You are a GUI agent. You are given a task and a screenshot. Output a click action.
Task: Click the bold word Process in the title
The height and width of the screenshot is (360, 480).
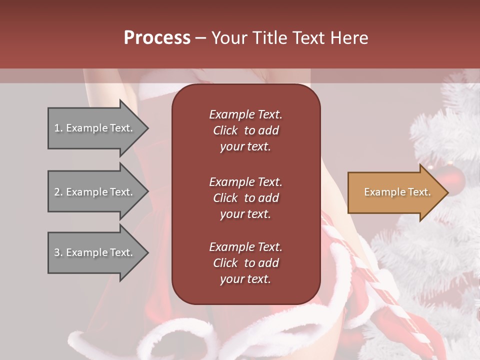157,38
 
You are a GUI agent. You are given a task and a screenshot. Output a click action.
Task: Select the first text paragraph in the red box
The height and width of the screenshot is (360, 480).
245,130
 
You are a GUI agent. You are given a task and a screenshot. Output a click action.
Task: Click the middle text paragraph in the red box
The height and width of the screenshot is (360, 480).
245,198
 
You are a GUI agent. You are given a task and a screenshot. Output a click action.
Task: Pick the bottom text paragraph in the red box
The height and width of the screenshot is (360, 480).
245,263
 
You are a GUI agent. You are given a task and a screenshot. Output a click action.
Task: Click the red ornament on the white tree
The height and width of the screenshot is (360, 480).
452,177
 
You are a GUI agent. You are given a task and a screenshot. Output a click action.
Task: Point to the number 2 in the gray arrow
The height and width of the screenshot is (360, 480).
57,192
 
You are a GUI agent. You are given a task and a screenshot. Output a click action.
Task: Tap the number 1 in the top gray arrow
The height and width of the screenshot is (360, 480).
56,128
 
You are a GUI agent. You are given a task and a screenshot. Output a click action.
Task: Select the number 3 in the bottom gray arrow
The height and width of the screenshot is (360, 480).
57,252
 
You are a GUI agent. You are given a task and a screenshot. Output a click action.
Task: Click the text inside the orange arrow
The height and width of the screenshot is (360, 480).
397,192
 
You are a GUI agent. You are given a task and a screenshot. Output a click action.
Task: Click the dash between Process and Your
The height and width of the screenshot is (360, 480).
200,38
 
